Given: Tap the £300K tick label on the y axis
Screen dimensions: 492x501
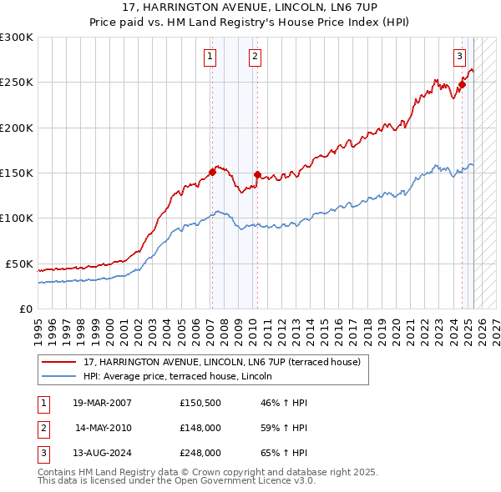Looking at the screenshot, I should [17, 38].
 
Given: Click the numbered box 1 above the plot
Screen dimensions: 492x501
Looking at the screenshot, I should [209, 57].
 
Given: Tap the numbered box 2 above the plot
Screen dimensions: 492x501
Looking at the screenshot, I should [254, 57].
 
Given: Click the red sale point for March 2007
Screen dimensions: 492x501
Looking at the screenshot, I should [212, 173].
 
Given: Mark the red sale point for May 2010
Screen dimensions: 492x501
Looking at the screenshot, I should [257, 175].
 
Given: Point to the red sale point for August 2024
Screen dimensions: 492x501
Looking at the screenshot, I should [462, 84].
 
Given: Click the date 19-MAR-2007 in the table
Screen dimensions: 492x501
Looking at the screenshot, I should [103, 402].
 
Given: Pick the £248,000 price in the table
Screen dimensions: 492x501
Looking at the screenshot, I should [200, 454].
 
